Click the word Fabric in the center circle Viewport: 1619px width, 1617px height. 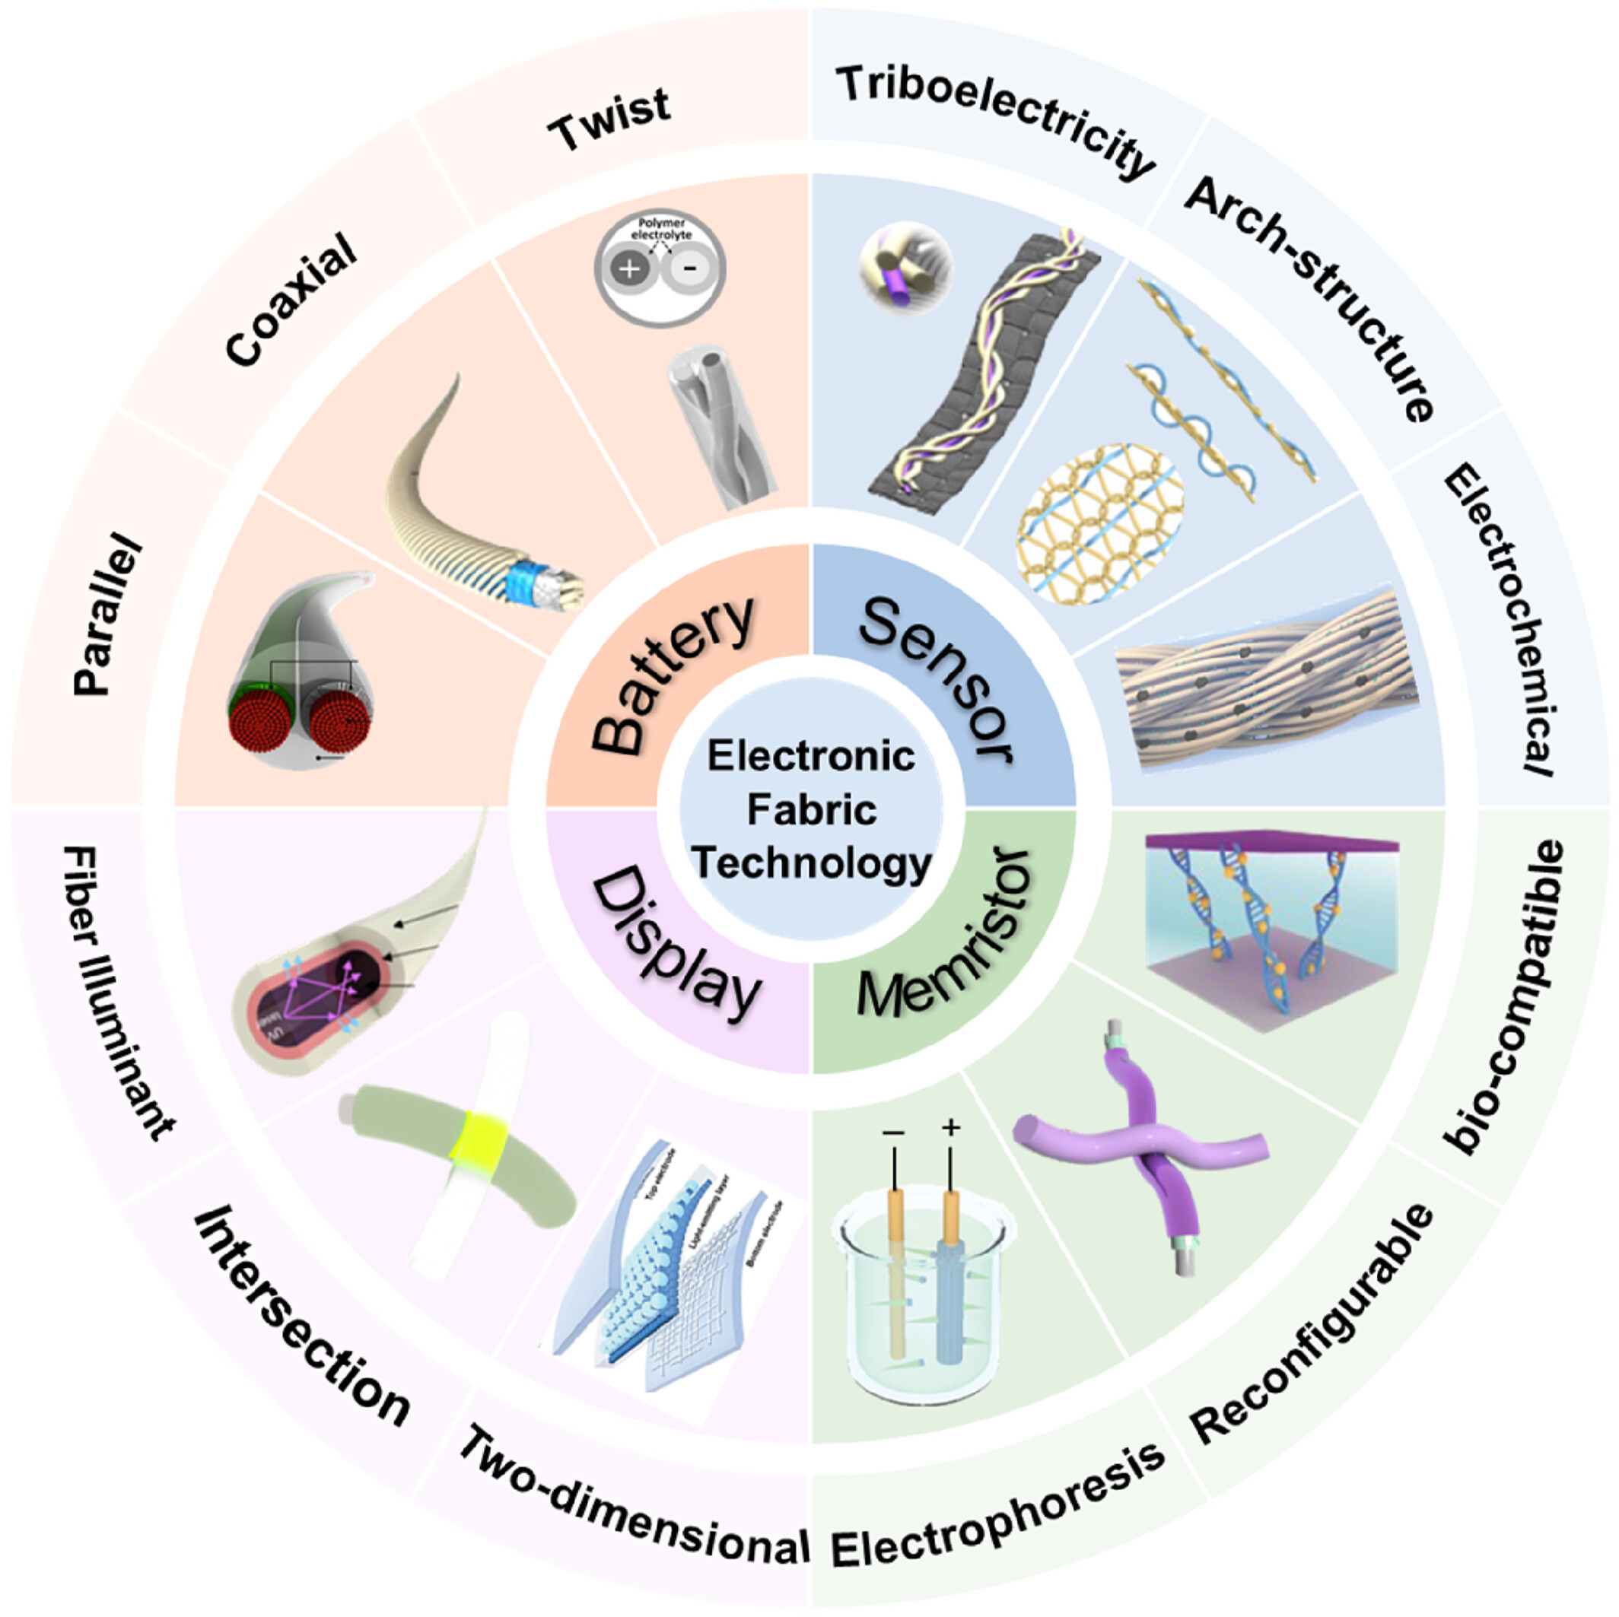pyautogui.click(x=811, y=810)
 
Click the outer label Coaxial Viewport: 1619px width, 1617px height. pyautogui.click(x=291, y=299)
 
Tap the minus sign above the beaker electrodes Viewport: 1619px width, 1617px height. pyautogui.click(x=893, y=1133)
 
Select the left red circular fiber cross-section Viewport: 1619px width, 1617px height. pyautogui.click(x=259, y=724)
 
